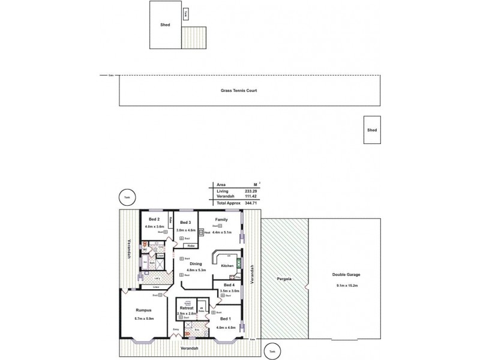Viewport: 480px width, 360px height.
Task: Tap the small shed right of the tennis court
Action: click(372, 130)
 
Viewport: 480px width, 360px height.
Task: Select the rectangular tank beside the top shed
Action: click(185, 13)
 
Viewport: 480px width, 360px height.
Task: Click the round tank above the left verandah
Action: click(126, 197)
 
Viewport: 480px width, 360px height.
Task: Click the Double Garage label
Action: click(346, 275)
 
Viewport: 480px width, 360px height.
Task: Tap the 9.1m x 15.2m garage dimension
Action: click(347, 286)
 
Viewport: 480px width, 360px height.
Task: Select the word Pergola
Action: click(285, 279)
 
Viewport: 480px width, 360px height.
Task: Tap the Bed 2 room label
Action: click(154, 219)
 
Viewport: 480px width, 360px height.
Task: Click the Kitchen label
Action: click(227, 265)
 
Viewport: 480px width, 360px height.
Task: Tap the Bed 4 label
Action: click(229, 284)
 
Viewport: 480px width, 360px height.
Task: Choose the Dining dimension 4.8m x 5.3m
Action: click(196, 270)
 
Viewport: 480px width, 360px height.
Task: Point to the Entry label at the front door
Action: click(176, 329)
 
